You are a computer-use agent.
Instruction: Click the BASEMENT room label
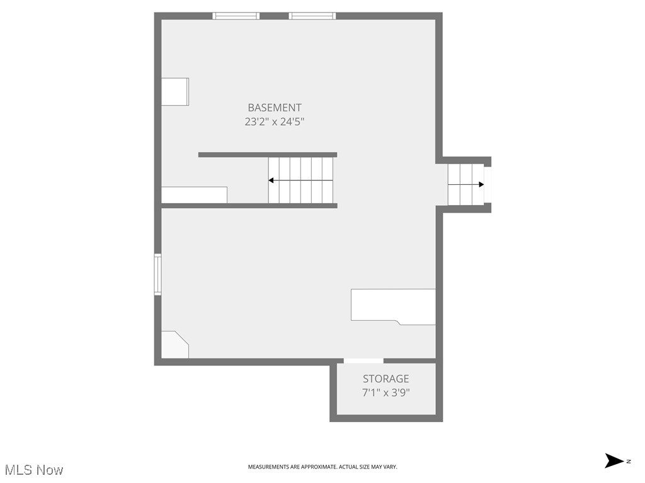tap(274, 108)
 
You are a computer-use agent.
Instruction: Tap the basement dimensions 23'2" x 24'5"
tap(274, 121)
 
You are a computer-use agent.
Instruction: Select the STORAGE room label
tap(385, 379)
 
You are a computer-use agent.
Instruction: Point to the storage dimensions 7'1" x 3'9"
tap(385, 393)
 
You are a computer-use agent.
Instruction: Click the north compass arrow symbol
tap(614, 461)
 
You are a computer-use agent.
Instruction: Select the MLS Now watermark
tap(34, 470)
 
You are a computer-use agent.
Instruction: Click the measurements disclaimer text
tap(322, 467)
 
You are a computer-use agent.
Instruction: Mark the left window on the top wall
tap(236, 16)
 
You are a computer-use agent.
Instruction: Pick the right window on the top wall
tap(312, 16)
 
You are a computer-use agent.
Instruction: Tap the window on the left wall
tap(158, 274)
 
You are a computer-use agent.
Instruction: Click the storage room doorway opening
tap(363, 361)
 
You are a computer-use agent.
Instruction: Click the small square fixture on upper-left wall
tap(175, 92)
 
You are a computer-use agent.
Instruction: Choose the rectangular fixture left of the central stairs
tap(194, 195)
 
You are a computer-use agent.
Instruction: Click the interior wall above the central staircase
tap(268, 155)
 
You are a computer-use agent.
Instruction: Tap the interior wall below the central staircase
tap(249, 206)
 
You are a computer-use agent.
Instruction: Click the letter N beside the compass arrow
tap(628, 462)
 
